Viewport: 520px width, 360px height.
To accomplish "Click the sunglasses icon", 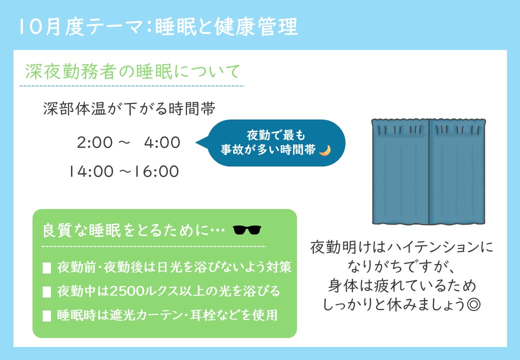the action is (247, 229).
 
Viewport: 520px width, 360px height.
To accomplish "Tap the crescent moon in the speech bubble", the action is (325, 150).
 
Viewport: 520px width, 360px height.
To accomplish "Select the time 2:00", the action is (95, 142).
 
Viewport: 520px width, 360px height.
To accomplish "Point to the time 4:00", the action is (162, 142).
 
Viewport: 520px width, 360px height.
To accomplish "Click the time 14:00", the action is (91, 171).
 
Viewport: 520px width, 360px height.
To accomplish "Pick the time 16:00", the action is (156, 171).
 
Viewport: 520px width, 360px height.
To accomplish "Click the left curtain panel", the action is (400, 171).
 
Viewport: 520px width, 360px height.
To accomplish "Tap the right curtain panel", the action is (457, 171).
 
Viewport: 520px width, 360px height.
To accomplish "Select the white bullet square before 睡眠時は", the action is (47, 316).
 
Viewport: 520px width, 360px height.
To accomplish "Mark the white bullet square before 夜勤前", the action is (47, 268).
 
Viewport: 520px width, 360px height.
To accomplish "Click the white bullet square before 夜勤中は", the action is (47, 292).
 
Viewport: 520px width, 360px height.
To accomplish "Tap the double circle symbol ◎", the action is (473, 304).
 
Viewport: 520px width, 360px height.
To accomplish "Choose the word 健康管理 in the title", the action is (256, 27).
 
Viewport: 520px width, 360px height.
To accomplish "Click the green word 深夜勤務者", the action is (70, 71).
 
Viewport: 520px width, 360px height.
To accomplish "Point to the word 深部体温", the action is (74, 108).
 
